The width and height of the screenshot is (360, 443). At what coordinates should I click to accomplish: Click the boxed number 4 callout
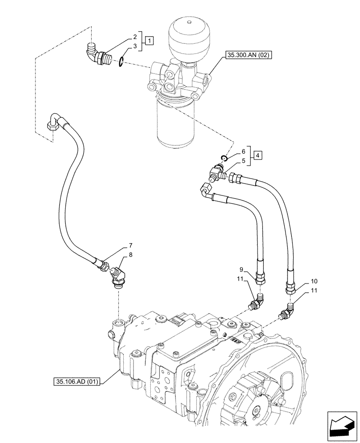coord(258,155)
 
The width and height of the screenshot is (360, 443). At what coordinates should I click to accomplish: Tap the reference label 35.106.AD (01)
coord(77,381)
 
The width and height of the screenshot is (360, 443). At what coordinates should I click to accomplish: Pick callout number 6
coord(243,151)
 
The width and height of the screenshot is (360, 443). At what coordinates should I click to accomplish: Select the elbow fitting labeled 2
coord(95,53)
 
